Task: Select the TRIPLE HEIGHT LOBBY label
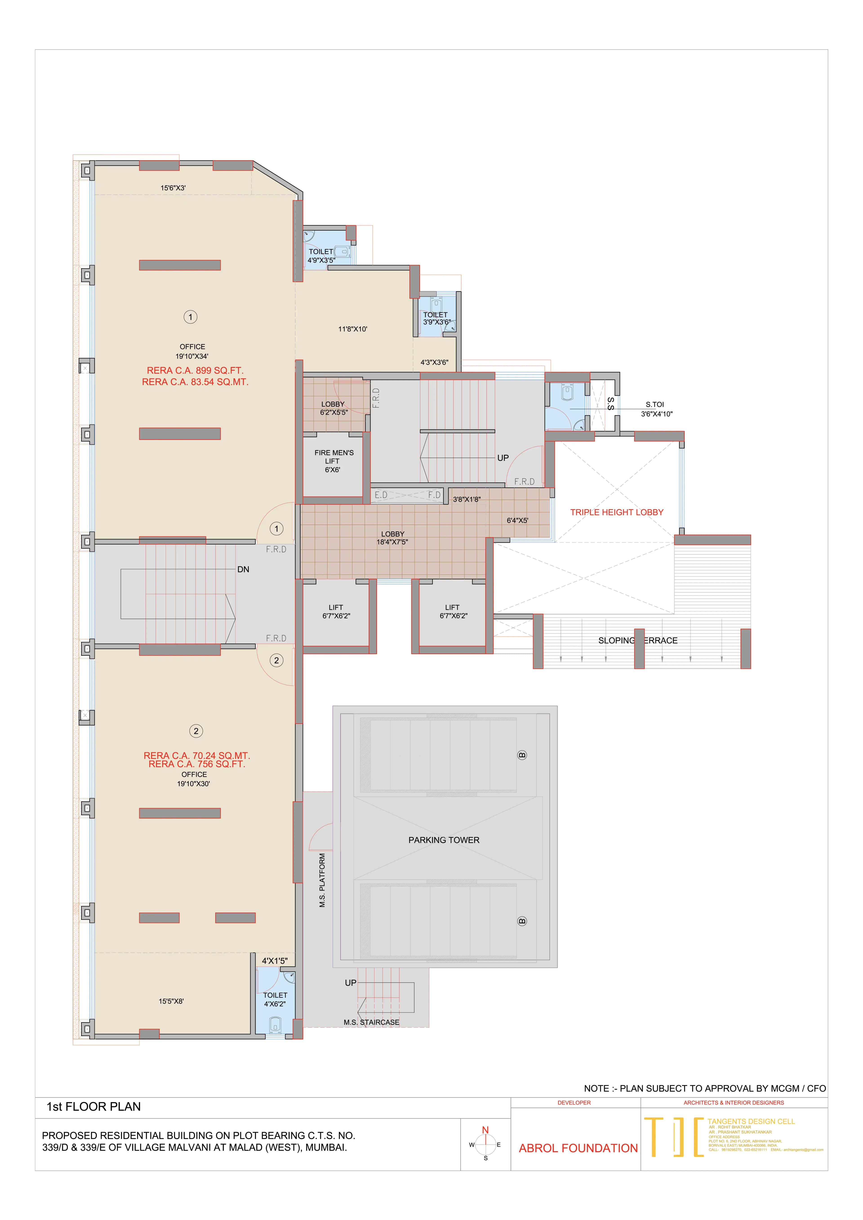point(616,512)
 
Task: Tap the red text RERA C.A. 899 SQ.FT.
point(195,370)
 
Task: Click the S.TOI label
point(655,404)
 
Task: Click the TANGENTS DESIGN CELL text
point(751,1121)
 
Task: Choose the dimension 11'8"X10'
point(352,329)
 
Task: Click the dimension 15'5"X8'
point(171,1001)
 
